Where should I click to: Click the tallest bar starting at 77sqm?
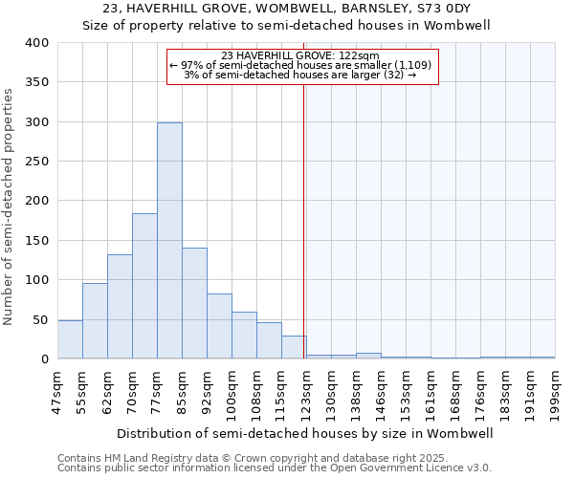(x=169, y=241)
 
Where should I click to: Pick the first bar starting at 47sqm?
(x=70, y=339)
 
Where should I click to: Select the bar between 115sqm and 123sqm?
(x=294, y=347)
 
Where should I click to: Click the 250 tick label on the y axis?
(x=35, y=162)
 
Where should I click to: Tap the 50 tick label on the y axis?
(x=39, y=319)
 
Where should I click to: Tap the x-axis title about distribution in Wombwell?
(x=306, y=433)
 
